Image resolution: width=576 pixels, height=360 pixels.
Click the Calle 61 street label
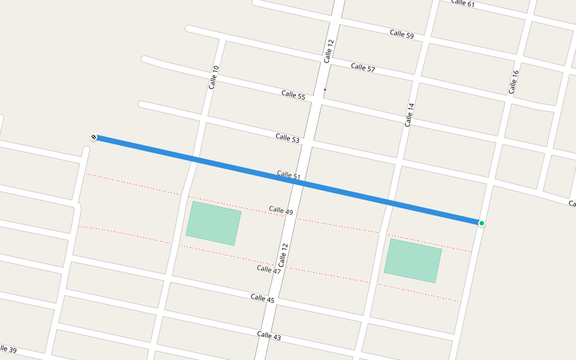(463, 3)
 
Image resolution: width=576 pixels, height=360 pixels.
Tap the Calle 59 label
(401, 34)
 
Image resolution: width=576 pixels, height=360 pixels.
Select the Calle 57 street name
(363, 67)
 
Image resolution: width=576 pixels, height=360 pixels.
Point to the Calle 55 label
(293, 95)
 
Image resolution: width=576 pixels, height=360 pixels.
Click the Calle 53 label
(287, 138)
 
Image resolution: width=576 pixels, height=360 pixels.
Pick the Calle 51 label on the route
(289, 175)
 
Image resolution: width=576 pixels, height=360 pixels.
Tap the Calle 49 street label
(281, 211)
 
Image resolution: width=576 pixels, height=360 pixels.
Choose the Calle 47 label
(269, 269)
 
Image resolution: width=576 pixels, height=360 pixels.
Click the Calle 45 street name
(262, 298)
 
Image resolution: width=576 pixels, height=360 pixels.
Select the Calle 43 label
(269, 336)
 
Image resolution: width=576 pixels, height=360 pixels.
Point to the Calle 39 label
(7, 349)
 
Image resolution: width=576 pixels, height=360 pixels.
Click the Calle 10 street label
(214, 77)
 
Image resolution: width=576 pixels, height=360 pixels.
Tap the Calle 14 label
(409, 115)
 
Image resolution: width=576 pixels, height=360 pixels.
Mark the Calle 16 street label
(513, 82)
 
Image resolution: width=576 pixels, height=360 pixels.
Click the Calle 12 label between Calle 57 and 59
(328, 51)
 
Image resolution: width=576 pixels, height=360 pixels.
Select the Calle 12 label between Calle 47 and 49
(284, 255)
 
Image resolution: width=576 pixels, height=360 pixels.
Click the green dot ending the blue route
(482, 223)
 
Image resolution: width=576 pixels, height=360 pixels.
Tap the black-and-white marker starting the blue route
(94, 137)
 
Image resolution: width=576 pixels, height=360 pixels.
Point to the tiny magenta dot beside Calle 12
(325, 90)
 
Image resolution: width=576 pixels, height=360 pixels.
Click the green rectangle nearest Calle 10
(214, 223)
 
